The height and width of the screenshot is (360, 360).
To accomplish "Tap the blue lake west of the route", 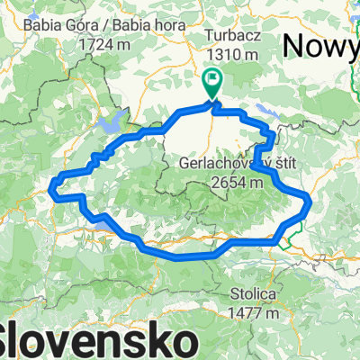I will click(x=114, y=123).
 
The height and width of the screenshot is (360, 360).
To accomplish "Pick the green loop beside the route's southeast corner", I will click(x=286, y=239).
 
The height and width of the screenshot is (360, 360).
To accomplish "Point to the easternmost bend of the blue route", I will click(x=310, y=200).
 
